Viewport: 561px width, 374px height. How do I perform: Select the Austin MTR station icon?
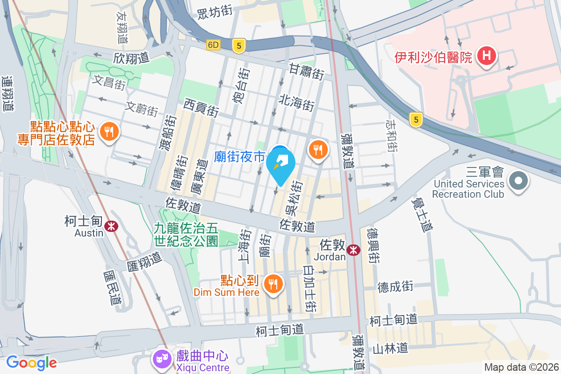click(x=112, y=226)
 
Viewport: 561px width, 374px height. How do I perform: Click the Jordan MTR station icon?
click(x=354, y=250)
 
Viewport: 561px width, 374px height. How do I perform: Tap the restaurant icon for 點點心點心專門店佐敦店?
click(x=109, y=131)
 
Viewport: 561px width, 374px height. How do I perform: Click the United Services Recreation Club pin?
click(x=518, y=181)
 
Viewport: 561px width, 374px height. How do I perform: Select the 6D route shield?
click(x=214, y=45)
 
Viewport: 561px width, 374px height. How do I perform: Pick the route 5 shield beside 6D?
click(x=239, y=45)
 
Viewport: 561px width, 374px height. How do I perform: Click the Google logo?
click(x=31, y=362)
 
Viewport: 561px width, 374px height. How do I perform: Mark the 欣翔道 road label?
click(x=131, y=58)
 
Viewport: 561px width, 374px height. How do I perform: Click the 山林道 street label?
click(x=391, y=348)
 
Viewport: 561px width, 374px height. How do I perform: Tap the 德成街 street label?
click(x=396, y=286)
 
